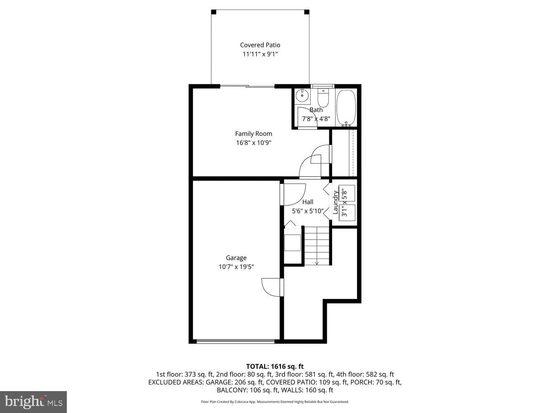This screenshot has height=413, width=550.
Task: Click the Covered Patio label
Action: click(x=260, y=45)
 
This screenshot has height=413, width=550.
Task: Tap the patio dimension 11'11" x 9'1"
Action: click(x=260, y=54)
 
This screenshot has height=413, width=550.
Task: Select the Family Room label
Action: click(x=253, y=134)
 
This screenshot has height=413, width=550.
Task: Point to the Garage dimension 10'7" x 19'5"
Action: click(x=236, y=267)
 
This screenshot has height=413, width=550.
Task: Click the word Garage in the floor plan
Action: click(x=236, y=258)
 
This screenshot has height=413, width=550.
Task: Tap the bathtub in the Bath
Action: click(x=346, y=108)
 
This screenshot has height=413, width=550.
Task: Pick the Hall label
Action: click(x=307, y=202)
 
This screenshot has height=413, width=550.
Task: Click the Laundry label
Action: click(x=335, y=199)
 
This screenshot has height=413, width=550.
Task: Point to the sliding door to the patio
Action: click(x=248, y=86)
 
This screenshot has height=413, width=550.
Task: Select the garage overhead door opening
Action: click(x=236, y=341)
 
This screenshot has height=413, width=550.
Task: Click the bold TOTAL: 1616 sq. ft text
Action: click(x=275, y=366)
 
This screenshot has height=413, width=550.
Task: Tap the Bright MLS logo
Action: click(x=33, y=401)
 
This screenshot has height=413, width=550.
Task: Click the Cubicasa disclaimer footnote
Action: click(x=275, y=402)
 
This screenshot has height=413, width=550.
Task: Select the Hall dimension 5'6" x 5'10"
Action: click(x=307, y=211)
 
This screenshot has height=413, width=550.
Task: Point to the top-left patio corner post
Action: click(x=213, y=12)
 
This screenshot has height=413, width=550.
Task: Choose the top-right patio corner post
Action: click(x=307, y=12)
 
